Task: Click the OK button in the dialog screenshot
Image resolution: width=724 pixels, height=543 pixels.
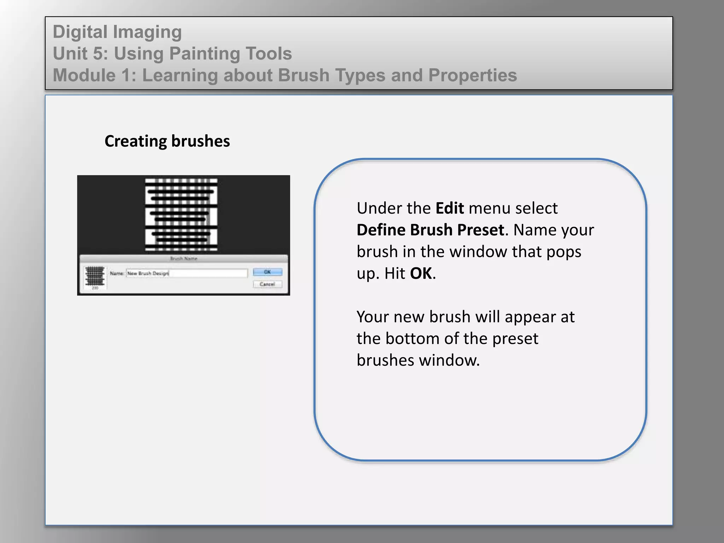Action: tap(268, 272)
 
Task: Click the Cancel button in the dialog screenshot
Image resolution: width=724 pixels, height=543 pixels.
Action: tap(268, 284)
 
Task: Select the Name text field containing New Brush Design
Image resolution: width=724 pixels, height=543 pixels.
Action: tap(187, 273)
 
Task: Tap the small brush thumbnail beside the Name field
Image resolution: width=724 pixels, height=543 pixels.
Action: tap(95, 276)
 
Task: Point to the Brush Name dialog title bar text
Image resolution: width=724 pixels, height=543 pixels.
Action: tap(184, 259)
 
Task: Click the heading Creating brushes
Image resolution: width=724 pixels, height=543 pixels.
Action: tap(167, 141)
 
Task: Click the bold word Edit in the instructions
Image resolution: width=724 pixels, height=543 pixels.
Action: tap(450, 208)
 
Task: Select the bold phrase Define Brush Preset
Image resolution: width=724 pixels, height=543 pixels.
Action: tap(430, 230)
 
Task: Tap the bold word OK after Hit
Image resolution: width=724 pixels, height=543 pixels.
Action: tap(421, 274)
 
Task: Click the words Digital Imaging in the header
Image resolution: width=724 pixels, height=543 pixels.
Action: tap(117, 32)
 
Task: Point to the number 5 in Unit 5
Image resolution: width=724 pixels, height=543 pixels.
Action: tap(98, 54)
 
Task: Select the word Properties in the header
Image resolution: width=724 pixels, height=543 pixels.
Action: tap(473, 75)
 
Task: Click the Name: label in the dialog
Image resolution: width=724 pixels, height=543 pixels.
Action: tap(117, 273)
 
